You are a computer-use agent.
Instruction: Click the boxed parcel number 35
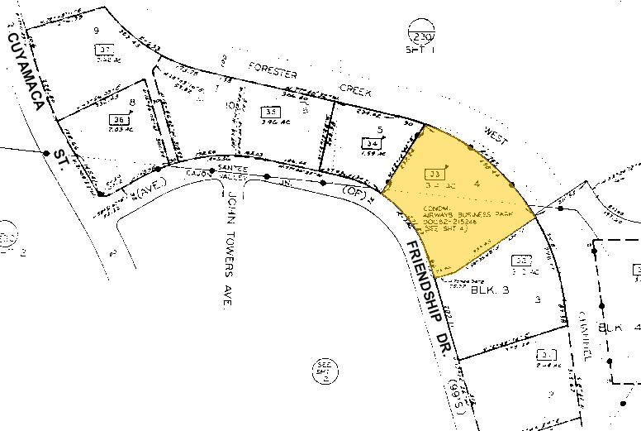pos(271,112)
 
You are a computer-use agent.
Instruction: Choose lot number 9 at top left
pos(97,31)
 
